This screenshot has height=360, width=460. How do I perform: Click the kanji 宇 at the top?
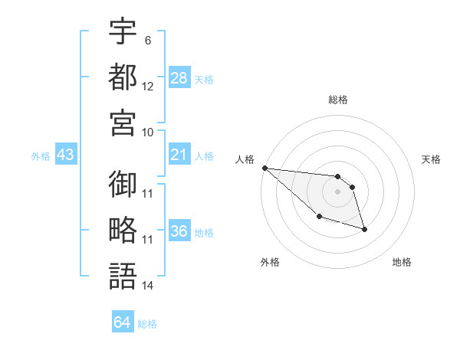coord(123,32)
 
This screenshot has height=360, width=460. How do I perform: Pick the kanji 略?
coord(123,231)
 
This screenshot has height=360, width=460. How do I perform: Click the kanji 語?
coord(123,275)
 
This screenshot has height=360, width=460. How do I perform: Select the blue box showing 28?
coord(179,77)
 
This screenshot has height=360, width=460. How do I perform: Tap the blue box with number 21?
coord(179,155)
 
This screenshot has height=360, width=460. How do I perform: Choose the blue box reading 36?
coord(179,232)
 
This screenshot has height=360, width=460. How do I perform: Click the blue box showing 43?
coord(66,155)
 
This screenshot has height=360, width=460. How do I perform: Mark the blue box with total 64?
coord(123,322)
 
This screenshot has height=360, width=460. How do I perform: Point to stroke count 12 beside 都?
coord(148,87)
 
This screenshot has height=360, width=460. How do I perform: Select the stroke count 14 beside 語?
coord(148,286)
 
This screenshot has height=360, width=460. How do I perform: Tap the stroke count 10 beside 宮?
coord(148,132)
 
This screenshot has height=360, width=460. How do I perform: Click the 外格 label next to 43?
coord(41,156)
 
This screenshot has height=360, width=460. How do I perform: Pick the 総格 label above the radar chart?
coord(338,100)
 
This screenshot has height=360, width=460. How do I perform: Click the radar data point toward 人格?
coord(264,168)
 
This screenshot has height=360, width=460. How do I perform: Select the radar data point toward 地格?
coord(364,229)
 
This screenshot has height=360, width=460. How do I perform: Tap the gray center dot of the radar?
coord(337,191)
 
